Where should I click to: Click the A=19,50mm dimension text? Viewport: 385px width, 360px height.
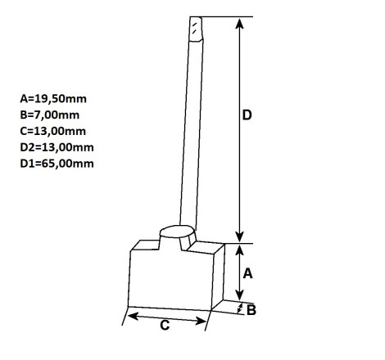coord(53,99)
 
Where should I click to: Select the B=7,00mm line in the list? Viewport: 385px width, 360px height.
coord(50,115)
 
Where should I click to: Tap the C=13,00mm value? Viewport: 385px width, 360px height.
coord(53,131)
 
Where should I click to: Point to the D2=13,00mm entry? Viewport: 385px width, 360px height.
coord(57,147)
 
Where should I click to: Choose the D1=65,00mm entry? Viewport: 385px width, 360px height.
coord(57,164)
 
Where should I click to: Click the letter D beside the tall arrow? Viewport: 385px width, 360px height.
coord(247,115)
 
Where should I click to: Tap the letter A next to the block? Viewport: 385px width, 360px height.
coord(247,273)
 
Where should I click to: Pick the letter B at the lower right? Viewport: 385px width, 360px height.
coord(251,310)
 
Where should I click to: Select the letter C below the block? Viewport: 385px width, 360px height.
coord(165,326)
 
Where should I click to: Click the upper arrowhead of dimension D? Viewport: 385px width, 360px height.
coord(239,23)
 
